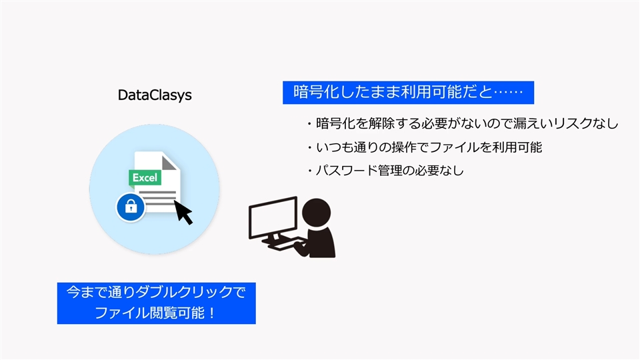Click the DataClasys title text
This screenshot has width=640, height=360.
coord(155,95)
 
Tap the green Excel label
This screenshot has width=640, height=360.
coord(145,177)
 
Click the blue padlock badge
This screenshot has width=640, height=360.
coord(131,207)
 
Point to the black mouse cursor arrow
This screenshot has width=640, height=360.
coord(183,212)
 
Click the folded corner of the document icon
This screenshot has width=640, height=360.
coord(169,161)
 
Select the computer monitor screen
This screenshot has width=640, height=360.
coord(273,217)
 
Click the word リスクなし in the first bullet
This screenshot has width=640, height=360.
coord(586,123)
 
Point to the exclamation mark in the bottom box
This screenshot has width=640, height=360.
coord(211,313)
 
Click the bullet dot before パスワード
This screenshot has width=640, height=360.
coord(310,171)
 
